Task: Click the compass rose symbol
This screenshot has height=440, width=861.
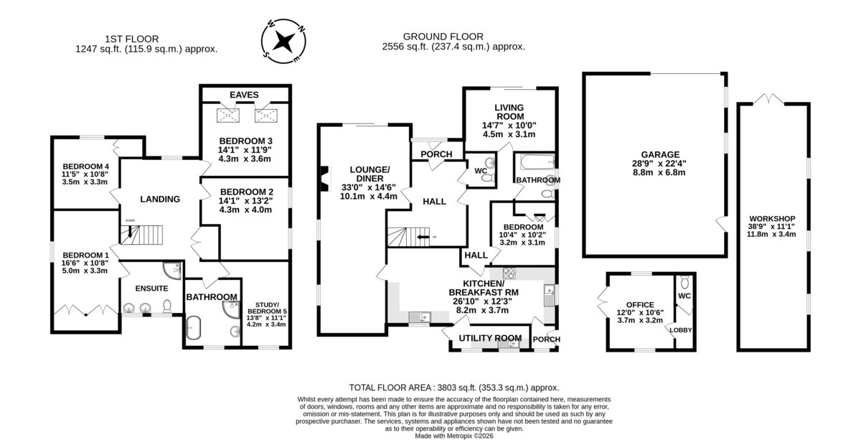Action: click(x=283, y=41)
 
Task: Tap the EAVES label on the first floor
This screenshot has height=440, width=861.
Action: click(x=244, y=95)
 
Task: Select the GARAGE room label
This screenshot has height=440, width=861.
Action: click(x=660, y=154)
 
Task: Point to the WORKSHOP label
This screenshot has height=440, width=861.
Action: click(x=772, y=218)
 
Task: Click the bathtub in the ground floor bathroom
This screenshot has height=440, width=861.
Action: click(x=537, y=162)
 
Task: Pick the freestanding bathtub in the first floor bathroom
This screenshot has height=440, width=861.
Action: click(x=194, y=328)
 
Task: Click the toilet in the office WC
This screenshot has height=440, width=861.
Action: click(x=684, y=282)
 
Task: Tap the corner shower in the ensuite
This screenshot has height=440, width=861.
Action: click(x=172, y=271)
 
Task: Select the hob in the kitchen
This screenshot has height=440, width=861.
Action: click(x=509, y=273)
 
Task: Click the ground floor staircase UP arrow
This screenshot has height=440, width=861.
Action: click(x=423, y=237)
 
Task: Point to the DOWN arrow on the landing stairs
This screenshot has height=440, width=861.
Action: click(x=130, y=231)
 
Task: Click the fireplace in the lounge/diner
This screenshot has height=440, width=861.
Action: click(x=325, y=179)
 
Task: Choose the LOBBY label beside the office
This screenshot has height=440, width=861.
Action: click(x=680, y=330)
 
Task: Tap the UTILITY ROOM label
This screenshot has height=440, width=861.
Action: click(x=490, y=338)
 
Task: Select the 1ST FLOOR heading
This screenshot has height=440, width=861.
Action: click(x=132, y=39)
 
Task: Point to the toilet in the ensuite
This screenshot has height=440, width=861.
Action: click(x=167, y=306)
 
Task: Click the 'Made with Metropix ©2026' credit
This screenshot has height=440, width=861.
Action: click(x=454, y=436)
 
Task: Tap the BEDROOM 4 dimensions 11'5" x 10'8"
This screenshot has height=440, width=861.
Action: click(x=85, y=174)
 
